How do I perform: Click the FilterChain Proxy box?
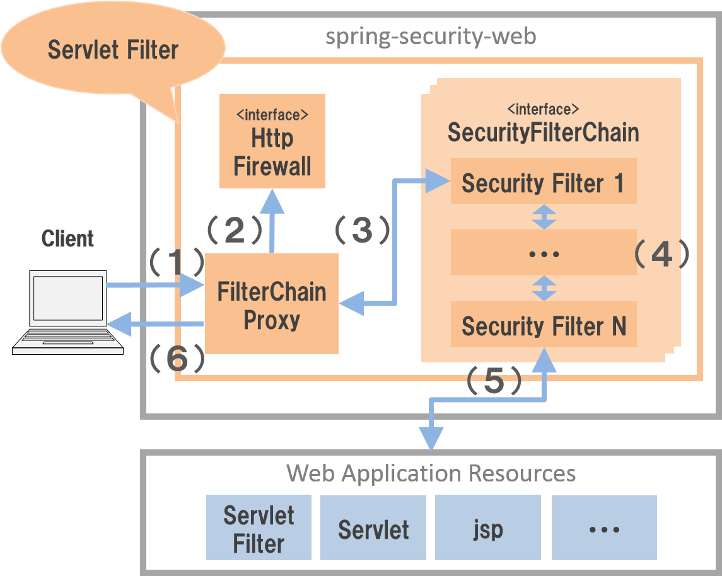[x=272, y=304]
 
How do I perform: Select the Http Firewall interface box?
[x=272, y=141]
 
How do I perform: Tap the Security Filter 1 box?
[x=543, y=182]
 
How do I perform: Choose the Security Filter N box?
[x=543, y=325]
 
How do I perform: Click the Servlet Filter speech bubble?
[x=113, y=50]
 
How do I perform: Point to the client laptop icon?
[x=68, y=312]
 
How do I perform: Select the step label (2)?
[x=235, y=231]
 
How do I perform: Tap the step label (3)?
[x=362, y=231]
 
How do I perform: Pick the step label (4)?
[x=661, y=254]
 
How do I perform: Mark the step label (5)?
[x=494, y=381]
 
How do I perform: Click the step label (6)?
[x=177, y=359]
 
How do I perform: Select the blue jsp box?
[x=487, y=528]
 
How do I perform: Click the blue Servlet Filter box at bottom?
[x=259, y=528]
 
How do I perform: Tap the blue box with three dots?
[x=604, y=528]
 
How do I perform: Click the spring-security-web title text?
[x=431, y=37]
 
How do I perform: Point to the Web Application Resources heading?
[x=431, y=473]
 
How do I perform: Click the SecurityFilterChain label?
[x=543, y=132]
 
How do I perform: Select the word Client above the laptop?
[x=67, y=239]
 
